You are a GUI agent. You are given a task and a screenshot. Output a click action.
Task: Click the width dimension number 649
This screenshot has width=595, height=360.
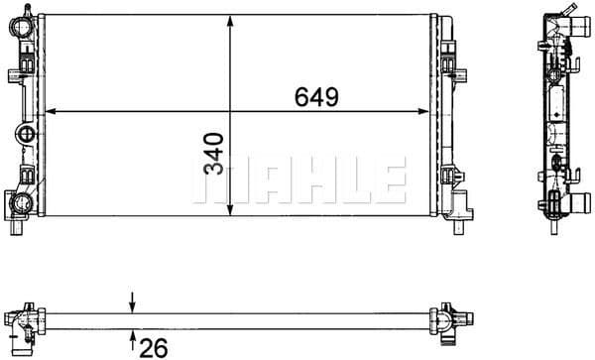(316, 97)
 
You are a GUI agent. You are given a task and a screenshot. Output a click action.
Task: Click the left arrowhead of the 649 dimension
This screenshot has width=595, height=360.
(46, 110)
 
